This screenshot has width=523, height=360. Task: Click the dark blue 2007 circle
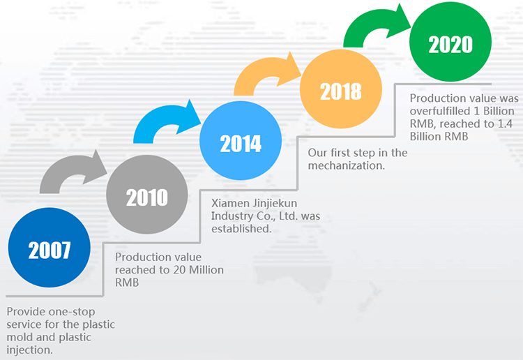click(x=50, y=248)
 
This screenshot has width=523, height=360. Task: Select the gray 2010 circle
click(x=147, y=195)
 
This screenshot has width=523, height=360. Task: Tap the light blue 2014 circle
click(x=241, y=141)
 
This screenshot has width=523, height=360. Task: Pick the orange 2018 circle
click(x=341, y=89)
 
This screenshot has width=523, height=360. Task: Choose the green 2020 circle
click(x=450, y=42)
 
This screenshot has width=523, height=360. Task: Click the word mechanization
click(x=346, y=165)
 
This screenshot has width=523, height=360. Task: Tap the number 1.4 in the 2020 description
click(x=505, y=123)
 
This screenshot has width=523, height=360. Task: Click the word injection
click(x=29, y=350)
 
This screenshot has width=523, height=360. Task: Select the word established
click(x=241, y=229)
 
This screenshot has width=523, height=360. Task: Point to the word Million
click(x=206, y=270)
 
